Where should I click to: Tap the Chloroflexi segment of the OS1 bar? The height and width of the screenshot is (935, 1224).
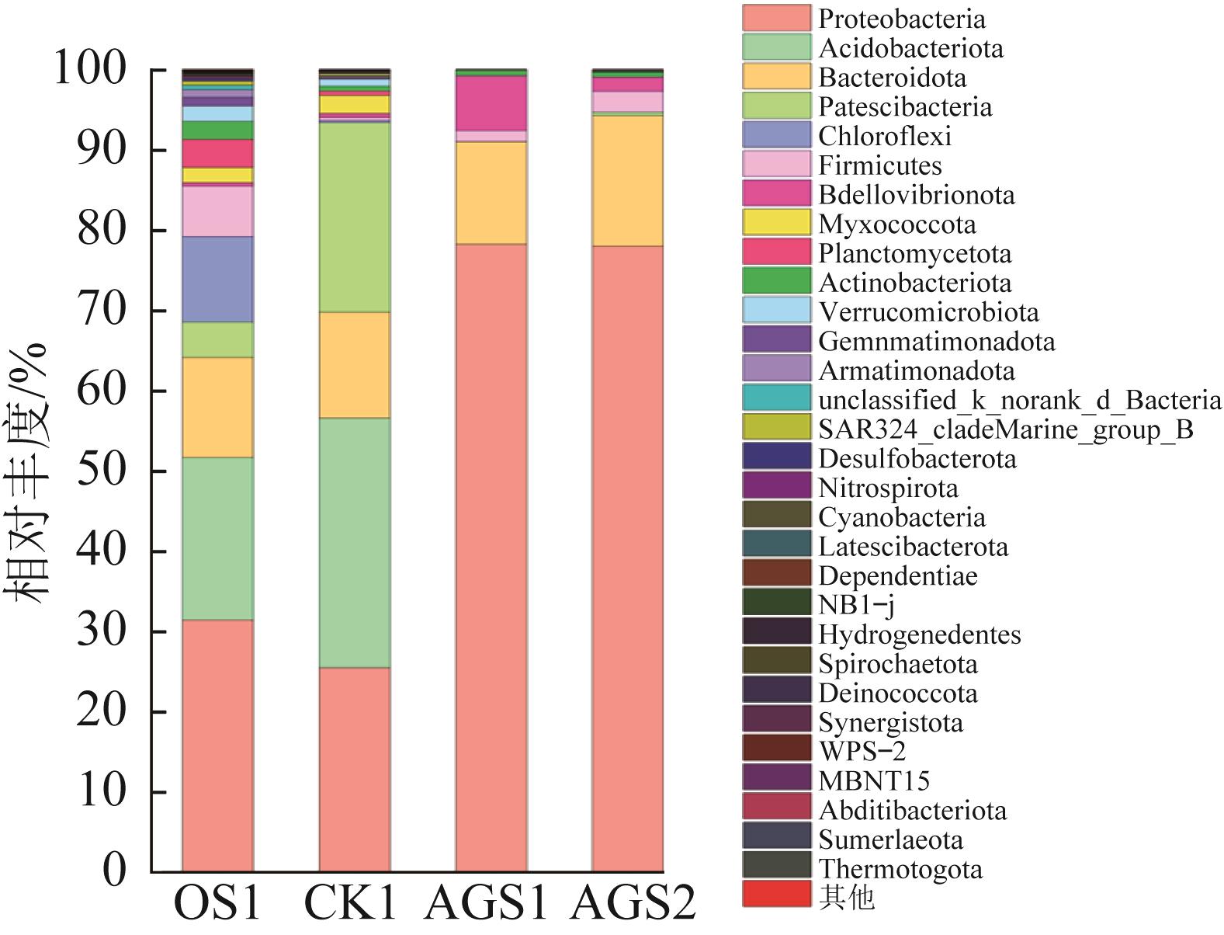tap(217, 280)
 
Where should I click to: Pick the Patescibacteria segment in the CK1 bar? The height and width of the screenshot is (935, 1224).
tap(355, 217)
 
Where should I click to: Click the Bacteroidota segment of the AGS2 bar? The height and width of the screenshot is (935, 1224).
tap(627, 181)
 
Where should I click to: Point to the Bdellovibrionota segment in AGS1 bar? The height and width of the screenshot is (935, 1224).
tap(491, 103)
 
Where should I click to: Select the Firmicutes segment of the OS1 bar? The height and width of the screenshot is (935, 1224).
tap(217, 211)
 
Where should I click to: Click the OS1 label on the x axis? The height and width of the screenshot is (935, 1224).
tap(217, 902)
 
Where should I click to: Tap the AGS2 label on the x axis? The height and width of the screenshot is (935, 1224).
tap(633, 902)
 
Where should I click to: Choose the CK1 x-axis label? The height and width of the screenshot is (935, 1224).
tap(351, 902)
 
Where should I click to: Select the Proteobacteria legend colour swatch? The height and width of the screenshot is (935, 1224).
tap(777, 19)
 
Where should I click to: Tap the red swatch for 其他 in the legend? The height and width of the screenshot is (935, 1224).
tap(777, 894)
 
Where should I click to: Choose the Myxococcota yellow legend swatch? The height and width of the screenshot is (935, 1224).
tap(777, 224)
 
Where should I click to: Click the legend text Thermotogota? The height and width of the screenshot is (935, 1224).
tap(900, 869)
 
